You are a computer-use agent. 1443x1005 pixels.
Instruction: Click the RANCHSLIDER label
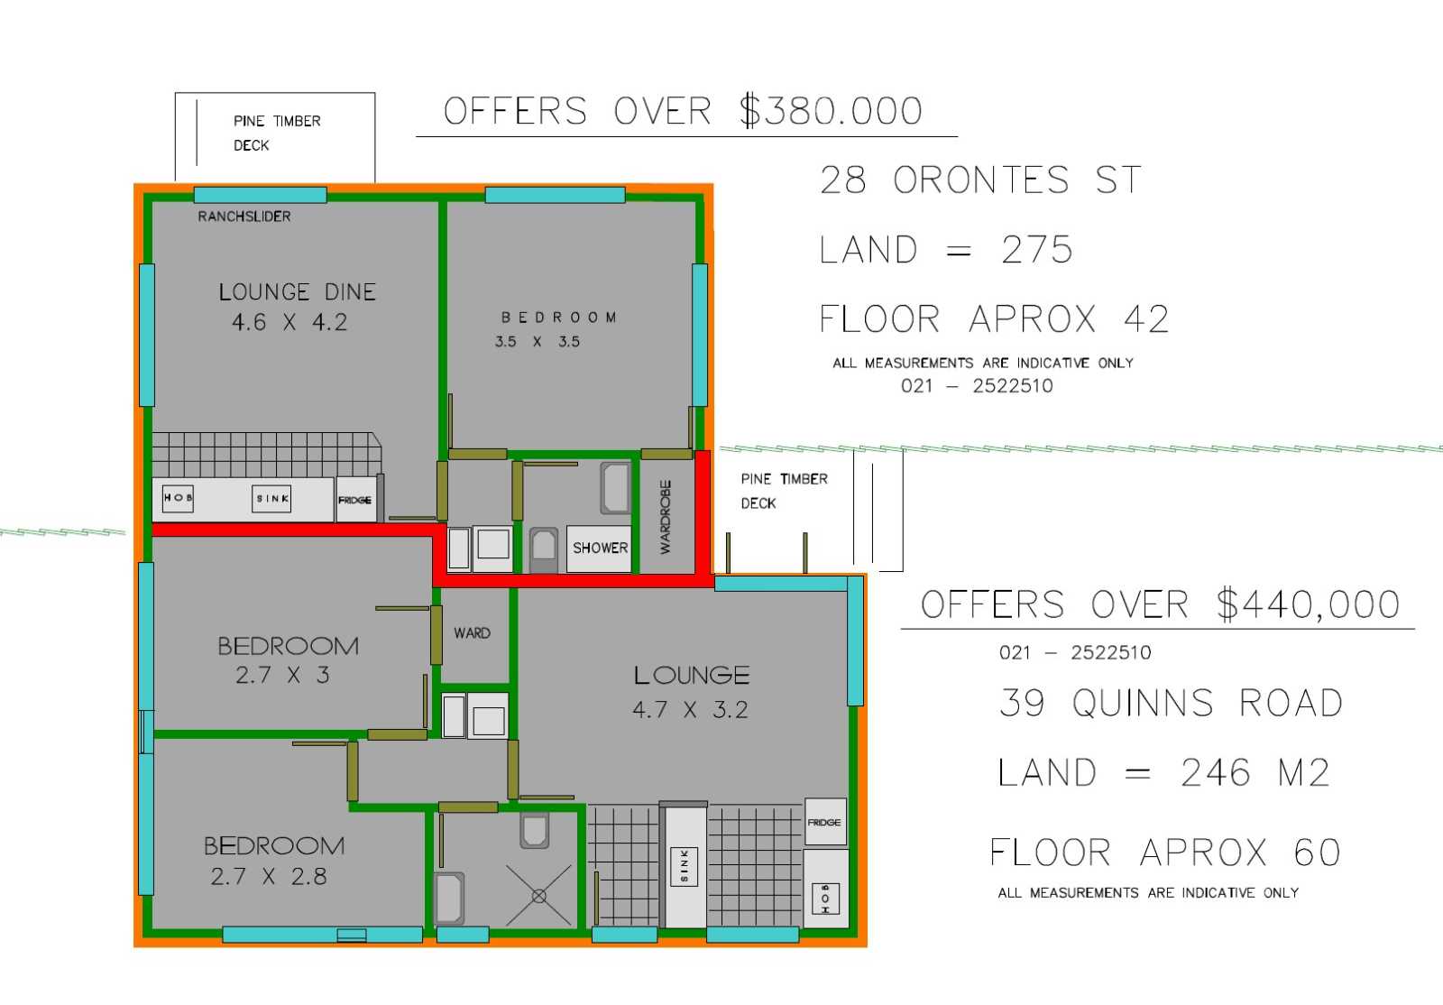pos(244,217)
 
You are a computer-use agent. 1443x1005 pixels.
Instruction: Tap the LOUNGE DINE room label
pos(297,291)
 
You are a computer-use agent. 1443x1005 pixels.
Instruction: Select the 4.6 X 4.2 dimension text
pos(290,322)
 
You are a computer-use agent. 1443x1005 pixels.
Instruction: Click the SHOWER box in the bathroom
pos(599,549)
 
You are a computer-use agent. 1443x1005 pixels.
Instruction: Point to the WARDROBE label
pos(666,517)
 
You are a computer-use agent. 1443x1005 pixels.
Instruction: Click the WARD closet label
pos(472,633)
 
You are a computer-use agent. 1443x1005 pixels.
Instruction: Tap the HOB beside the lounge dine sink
pos(178,498)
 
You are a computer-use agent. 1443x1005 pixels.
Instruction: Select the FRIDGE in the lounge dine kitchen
pos(355,499)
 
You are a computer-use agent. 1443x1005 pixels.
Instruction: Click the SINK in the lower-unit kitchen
pos(685,867)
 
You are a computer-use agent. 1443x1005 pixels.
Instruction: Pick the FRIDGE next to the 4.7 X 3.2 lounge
pos(825,822)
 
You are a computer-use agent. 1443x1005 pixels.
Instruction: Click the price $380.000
pos(831,110)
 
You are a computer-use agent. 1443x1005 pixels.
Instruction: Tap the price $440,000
pos(1309,605)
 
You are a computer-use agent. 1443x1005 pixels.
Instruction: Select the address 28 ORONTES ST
pos(980,180)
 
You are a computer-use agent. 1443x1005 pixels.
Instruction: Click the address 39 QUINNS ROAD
pos(1172,702)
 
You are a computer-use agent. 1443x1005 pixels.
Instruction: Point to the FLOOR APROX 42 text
pos(994,318)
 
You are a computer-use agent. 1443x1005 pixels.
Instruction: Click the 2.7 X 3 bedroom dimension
pos(282,675)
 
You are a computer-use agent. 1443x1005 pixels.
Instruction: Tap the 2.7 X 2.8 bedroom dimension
pos(269,877)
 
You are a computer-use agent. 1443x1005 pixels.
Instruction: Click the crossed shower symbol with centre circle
pos(539,896)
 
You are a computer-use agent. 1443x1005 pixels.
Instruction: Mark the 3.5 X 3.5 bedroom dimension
pos(538,341)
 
